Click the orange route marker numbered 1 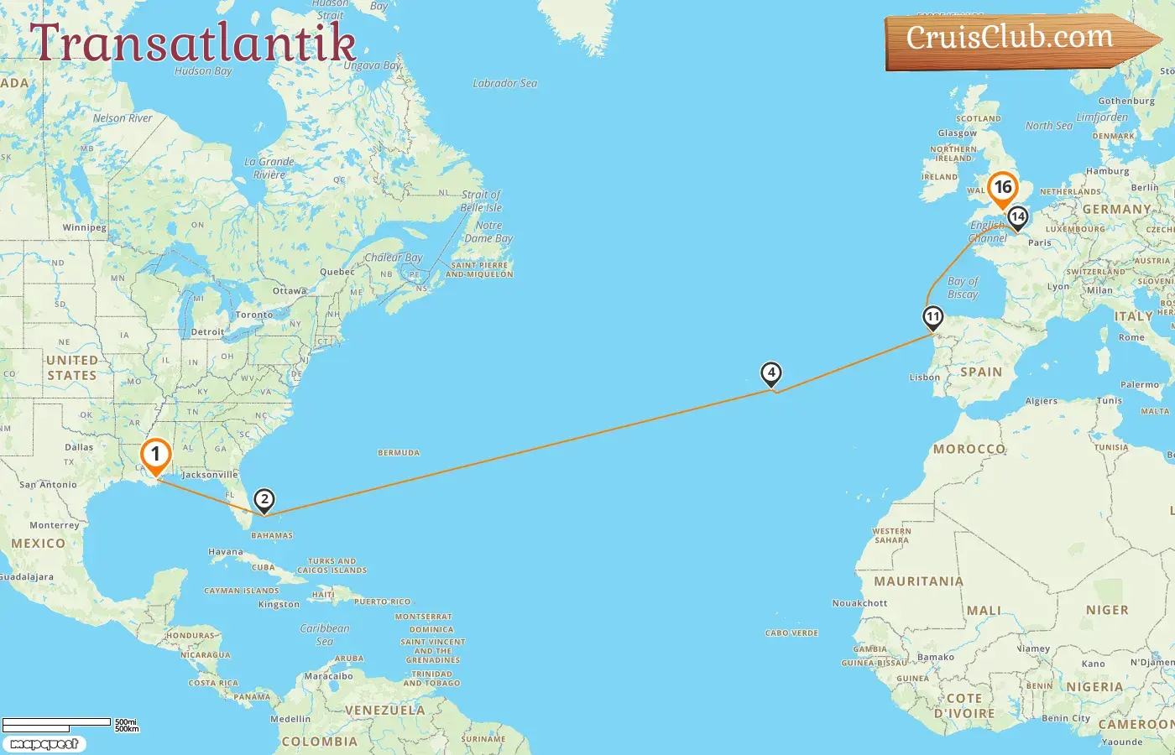155,456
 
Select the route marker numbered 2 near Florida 264,501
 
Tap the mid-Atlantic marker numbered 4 770,374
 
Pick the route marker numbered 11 932,318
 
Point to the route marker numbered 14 1017,217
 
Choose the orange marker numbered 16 1003,188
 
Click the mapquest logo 44,744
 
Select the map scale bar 57,723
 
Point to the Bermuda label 399,453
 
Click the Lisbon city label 925,377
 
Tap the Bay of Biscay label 963,288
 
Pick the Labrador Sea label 504,83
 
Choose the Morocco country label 969,449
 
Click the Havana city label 225,552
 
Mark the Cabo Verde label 791,633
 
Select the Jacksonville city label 210,475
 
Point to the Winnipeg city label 84,228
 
